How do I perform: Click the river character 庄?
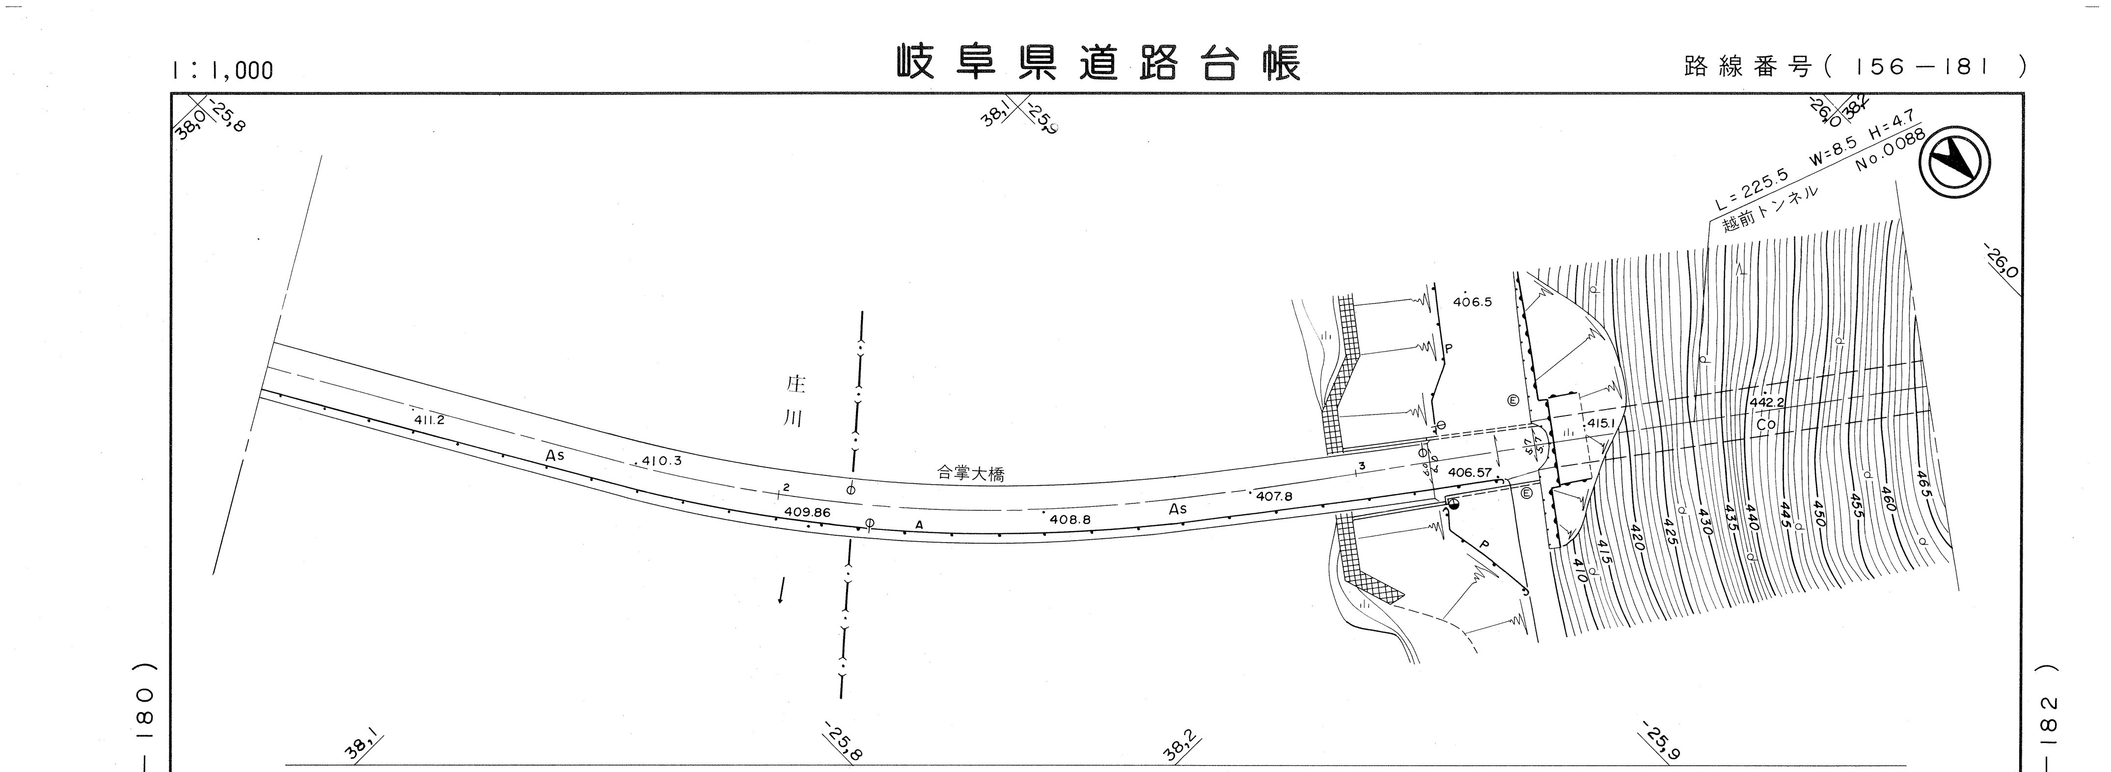[795, 385]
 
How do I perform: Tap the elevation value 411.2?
[429, 419]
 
